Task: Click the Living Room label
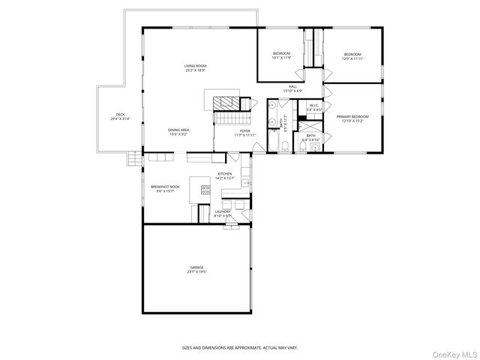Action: point(195,68)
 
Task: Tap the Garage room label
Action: point(196,268)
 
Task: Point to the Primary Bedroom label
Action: point(349,118)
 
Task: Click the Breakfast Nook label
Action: point(164,188)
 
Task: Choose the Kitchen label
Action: point(225,176)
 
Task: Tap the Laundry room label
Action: point(223,213)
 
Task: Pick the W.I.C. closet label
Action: point(315,107)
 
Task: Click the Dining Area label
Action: point(178,131)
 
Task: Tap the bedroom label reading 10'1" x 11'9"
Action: point(281,55)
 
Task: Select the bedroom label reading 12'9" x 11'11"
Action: point(352,55)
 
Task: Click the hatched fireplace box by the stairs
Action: point(223,103)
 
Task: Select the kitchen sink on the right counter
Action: point(248,182)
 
